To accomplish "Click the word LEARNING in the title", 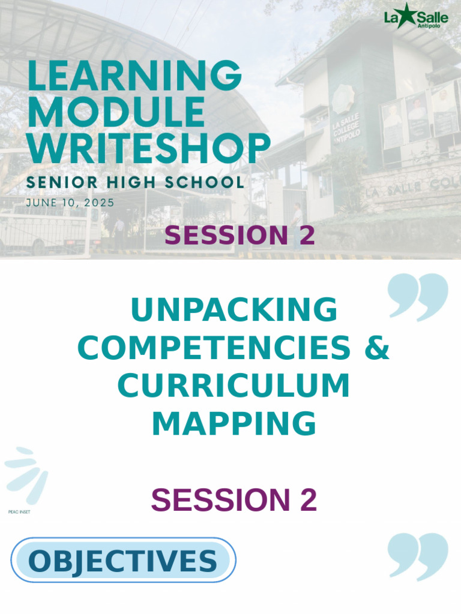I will (x=134, y=77).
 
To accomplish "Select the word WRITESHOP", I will (x=148, y=148).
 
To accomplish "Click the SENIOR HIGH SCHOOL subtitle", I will (x=134, y=182).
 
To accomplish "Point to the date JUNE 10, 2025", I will (x=70, y=203).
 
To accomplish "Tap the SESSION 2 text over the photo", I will (x=240, y=236).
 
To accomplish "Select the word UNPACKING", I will (x=234, y=310).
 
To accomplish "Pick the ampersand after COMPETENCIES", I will (x=377, y=348).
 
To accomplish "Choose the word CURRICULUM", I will (x=234, y=386).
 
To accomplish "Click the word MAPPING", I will (x=234, y=423).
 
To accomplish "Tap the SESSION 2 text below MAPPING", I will (x=234, y=500).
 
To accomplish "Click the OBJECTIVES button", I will (x=123, y=561).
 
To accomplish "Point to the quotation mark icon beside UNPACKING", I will (x=418, y=296).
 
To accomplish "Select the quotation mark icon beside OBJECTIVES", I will (x=418, y=556).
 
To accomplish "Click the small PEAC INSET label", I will (x=19, y=512).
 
